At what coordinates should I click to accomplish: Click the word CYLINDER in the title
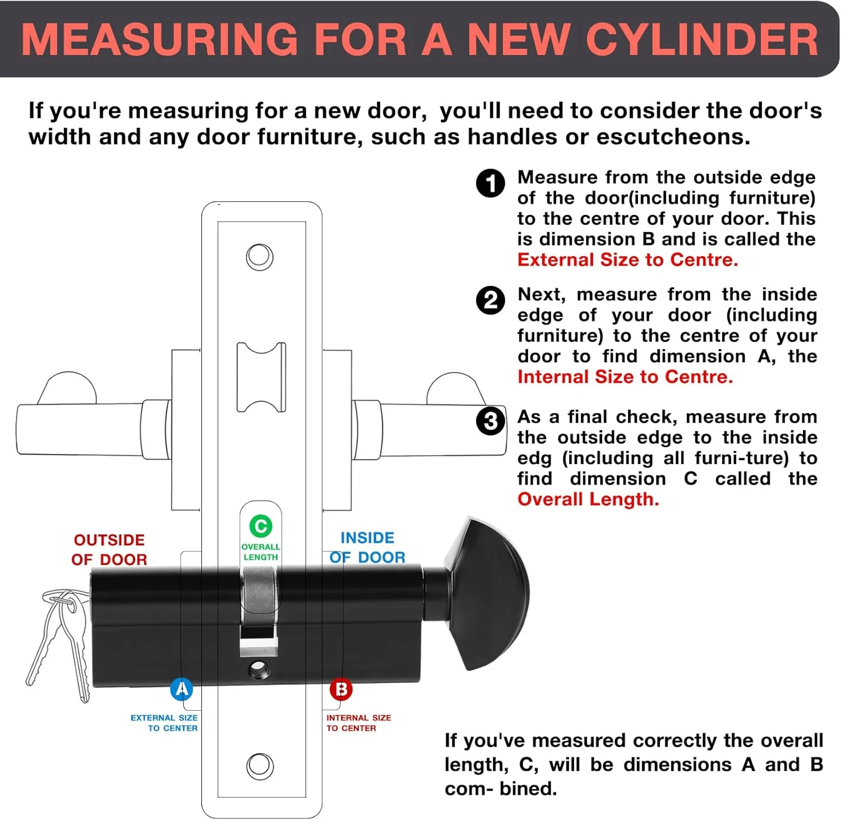coord(702,39)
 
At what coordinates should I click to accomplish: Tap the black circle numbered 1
coord(491,183)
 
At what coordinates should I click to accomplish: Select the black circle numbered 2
coord(491,300)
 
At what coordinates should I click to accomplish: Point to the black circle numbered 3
coord(491,421)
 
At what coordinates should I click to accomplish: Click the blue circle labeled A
coord(182,689)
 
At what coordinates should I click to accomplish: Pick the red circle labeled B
coord(341,689)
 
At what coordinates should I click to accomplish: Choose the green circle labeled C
coord(261,526)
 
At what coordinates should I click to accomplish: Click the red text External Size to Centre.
coord(628,260)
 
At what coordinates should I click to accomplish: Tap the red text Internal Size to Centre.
coord(625,377)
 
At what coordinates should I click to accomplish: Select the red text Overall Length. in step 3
coord(588,499)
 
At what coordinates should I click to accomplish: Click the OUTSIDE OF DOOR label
coord(109,550)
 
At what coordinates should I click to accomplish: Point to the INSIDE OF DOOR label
coord(367,548)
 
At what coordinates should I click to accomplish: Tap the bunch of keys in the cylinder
coord(57,642)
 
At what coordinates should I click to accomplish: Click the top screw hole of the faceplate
coord(260,257)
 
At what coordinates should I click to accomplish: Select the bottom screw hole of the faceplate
coord(260,766)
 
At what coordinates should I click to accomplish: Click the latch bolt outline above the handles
coord(261,377)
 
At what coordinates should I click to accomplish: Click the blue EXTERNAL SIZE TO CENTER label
coord(164,722)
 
